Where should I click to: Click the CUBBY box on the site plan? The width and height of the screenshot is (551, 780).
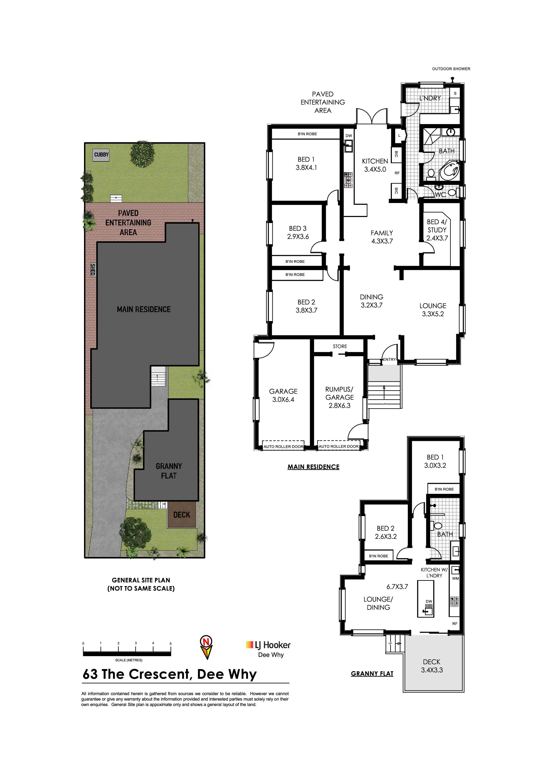click(102, 155)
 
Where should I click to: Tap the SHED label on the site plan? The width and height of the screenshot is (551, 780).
click(93, 269)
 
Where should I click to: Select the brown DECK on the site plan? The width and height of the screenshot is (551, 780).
click(182, 515)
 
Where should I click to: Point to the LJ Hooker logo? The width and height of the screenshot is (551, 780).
click(268, 645)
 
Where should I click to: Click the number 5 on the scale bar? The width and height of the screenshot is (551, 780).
click(170, 643)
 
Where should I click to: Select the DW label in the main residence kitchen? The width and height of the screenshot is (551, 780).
click(349, 136)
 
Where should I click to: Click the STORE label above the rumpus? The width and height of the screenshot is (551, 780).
click(340, 346)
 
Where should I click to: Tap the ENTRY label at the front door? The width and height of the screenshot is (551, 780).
click(389, 359)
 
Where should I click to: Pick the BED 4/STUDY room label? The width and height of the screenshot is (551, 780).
click(437, 230)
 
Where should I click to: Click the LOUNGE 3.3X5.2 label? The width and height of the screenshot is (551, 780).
click(433, 310)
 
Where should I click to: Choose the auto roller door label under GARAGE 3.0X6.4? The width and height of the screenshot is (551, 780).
click(283, 446)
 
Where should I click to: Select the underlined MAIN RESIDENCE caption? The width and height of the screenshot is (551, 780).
click(313, 467)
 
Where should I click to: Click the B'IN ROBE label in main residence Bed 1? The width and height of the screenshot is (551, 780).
click(307, 134)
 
